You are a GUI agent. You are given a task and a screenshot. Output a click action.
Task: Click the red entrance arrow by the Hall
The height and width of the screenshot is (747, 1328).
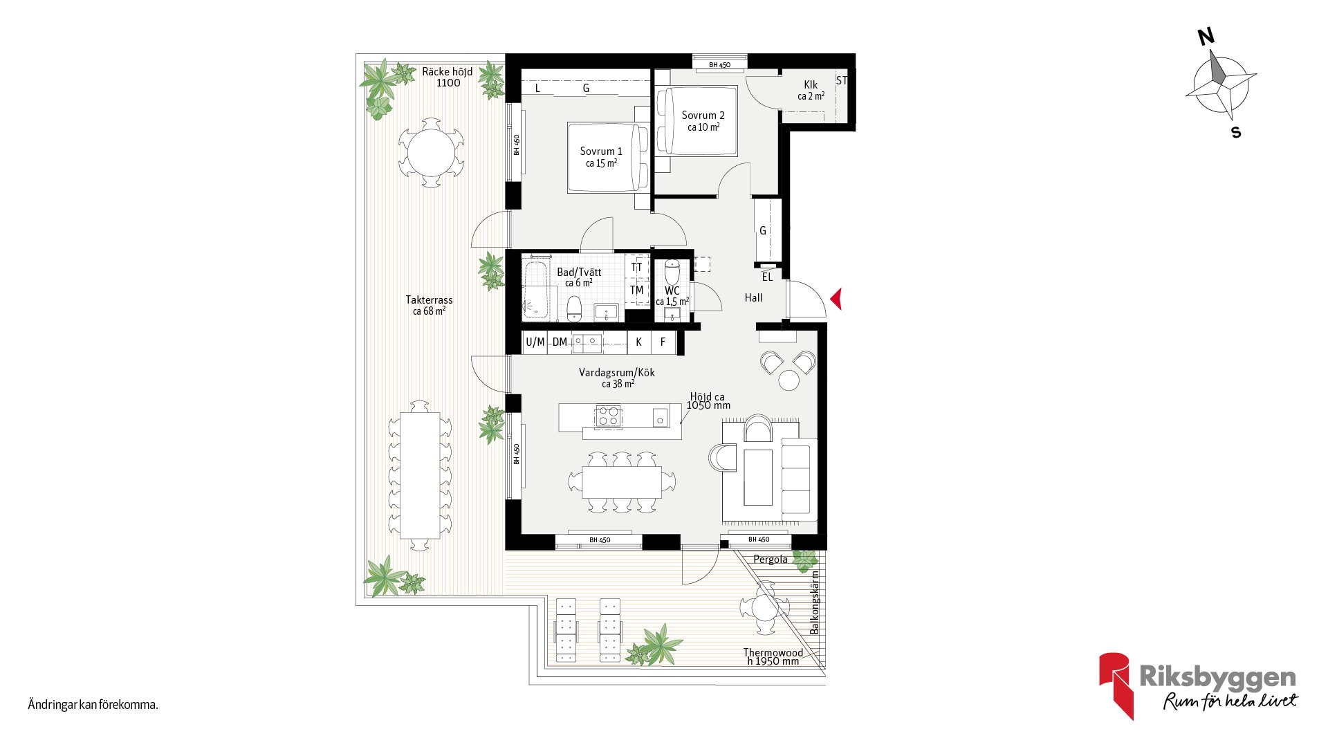(836, 299)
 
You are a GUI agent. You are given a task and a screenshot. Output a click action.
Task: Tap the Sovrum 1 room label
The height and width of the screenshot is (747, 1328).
(601, 151)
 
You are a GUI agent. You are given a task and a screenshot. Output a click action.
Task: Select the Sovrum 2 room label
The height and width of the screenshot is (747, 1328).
(703, 116)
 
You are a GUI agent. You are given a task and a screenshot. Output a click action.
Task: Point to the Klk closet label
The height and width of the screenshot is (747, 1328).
(811, 85)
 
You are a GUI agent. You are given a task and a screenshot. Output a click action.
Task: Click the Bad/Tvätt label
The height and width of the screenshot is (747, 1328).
(579, 273)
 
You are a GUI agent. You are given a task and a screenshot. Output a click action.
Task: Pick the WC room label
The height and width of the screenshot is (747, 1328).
(672, 290)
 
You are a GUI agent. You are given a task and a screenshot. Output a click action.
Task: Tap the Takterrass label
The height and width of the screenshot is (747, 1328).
(429, 300)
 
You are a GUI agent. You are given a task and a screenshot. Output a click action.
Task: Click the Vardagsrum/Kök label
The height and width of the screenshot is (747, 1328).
(617, 372)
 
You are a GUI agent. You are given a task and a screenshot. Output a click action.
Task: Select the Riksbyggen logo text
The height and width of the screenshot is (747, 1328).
(1217, 676)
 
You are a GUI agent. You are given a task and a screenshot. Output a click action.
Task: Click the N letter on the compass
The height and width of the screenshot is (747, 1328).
(1206, 37)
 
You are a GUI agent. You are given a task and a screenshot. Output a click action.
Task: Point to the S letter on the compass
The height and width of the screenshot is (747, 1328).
(1236, 132)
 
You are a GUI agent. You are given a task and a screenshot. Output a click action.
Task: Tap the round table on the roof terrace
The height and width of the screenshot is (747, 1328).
(431, 153)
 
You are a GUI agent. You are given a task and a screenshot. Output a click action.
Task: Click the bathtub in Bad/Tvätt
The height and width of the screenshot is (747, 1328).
(536, 290)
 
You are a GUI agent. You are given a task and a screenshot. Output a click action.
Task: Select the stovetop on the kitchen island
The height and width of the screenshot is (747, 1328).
(608, 417)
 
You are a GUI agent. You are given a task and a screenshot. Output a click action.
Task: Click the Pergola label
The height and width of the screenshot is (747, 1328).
(771, 560)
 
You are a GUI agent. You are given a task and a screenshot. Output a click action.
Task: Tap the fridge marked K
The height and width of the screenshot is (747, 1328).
(639, 342)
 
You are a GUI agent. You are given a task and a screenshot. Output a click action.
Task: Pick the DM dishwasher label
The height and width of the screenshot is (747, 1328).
(560, 342)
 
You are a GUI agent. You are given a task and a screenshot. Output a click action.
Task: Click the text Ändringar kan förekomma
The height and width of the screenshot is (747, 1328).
(93, 705)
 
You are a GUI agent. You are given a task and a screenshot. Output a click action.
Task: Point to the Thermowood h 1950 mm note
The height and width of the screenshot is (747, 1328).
(773, 656)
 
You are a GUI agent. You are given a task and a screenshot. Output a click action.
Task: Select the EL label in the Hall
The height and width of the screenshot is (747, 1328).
(767, 277)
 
